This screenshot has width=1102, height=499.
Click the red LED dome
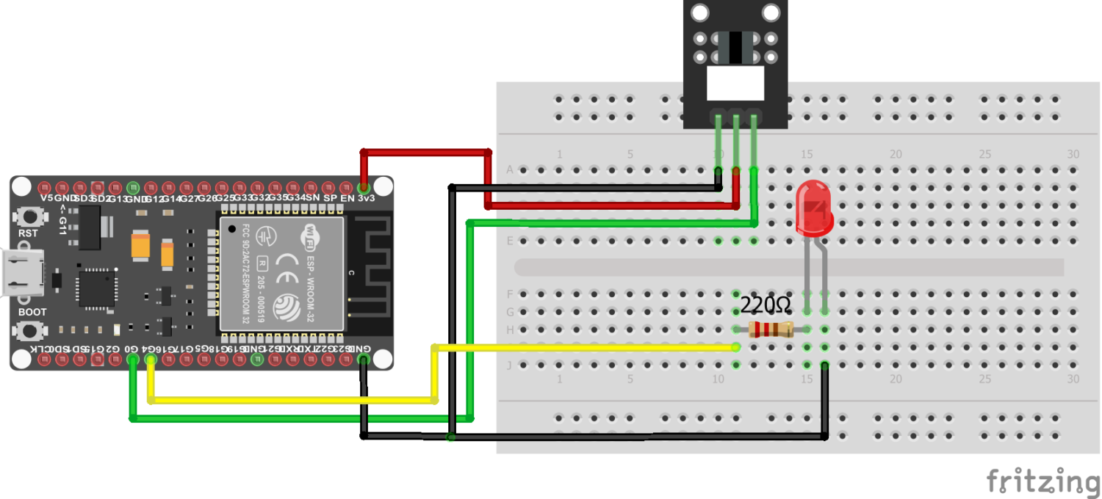point(814,208)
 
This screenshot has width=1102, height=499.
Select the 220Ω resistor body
point(770,329)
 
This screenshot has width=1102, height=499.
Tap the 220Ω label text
point(765,305)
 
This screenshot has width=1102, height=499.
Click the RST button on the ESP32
point(29,217)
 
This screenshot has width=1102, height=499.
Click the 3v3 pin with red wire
point(363,186)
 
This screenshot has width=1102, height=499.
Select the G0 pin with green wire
point(132,360)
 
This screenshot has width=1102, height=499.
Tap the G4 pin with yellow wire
point(151,360)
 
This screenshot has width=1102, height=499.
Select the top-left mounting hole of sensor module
point(699,12)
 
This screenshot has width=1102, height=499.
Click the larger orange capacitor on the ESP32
point(142,245)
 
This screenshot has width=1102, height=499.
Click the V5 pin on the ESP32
point(46,186)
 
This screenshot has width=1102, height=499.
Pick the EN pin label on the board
point(347,198)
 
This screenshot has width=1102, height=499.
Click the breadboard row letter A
point(510,170)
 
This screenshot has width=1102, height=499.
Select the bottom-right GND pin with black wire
point(363,360)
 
